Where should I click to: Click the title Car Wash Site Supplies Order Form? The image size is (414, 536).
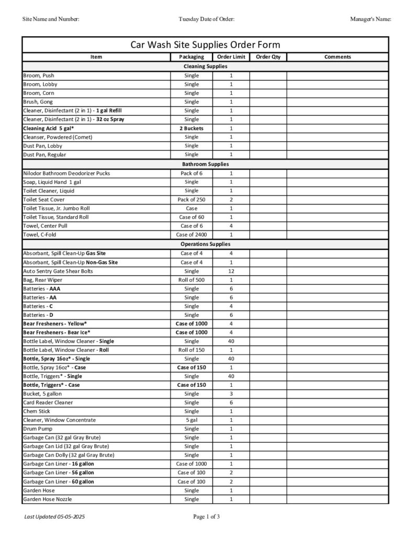205,44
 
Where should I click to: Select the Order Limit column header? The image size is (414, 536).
231,57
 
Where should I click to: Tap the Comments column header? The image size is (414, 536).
338,57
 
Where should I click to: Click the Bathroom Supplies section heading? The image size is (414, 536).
205,164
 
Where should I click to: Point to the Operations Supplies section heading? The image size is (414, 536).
205,244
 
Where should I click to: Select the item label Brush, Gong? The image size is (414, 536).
38,102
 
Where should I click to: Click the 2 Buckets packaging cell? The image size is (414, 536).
192,128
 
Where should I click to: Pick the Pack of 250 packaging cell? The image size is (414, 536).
192,199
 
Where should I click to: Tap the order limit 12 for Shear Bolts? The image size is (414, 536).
231,271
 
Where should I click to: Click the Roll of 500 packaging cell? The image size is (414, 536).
192,280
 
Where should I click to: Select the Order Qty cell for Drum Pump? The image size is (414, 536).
268,429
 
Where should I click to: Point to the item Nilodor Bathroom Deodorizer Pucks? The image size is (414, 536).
66,173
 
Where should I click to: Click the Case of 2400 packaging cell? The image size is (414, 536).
192,235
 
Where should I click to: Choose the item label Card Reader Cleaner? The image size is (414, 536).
48,403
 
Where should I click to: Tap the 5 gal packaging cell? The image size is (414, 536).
192,420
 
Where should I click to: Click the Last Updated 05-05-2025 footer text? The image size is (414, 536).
54,517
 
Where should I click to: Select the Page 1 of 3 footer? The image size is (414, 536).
206,517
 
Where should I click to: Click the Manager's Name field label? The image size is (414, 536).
371,19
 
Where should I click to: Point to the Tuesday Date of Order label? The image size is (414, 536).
206,19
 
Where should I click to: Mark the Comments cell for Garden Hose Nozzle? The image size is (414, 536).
338,499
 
